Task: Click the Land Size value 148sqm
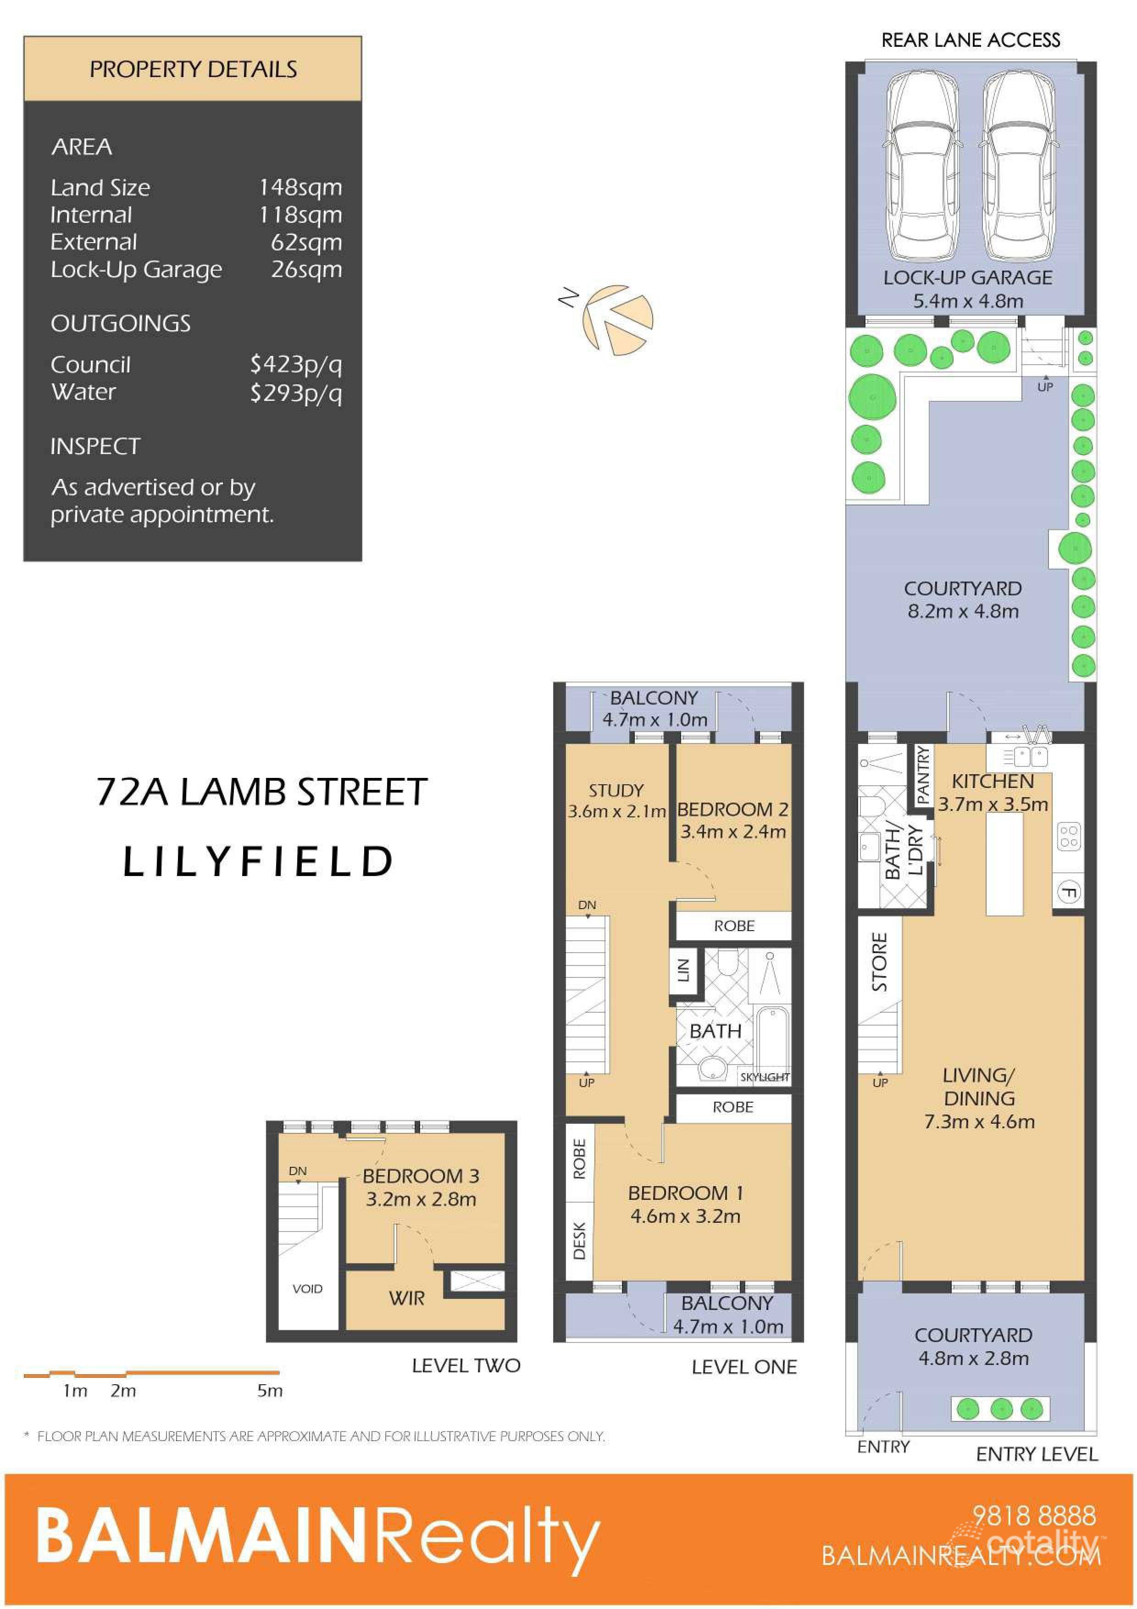point(300,188)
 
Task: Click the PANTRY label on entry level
point(923,774)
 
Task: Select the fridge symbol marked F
point(1068,892)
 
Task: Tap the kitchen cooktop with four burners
point(1068,837)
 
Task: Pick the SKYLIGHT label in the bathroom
point(764,1077)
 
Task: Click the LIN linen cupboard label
point(684,970)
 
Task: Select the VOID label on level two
point(308,1289)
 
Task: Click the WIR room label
point(406,1298)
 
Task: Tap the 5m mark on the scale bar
point(270,1391)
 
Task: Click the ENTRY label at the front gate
point(883,1447)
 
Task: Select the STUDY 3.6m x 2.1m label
point(616,801)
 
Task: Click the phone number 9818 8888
point(1034,1516)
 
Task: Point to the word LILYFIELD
point(258,861)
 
